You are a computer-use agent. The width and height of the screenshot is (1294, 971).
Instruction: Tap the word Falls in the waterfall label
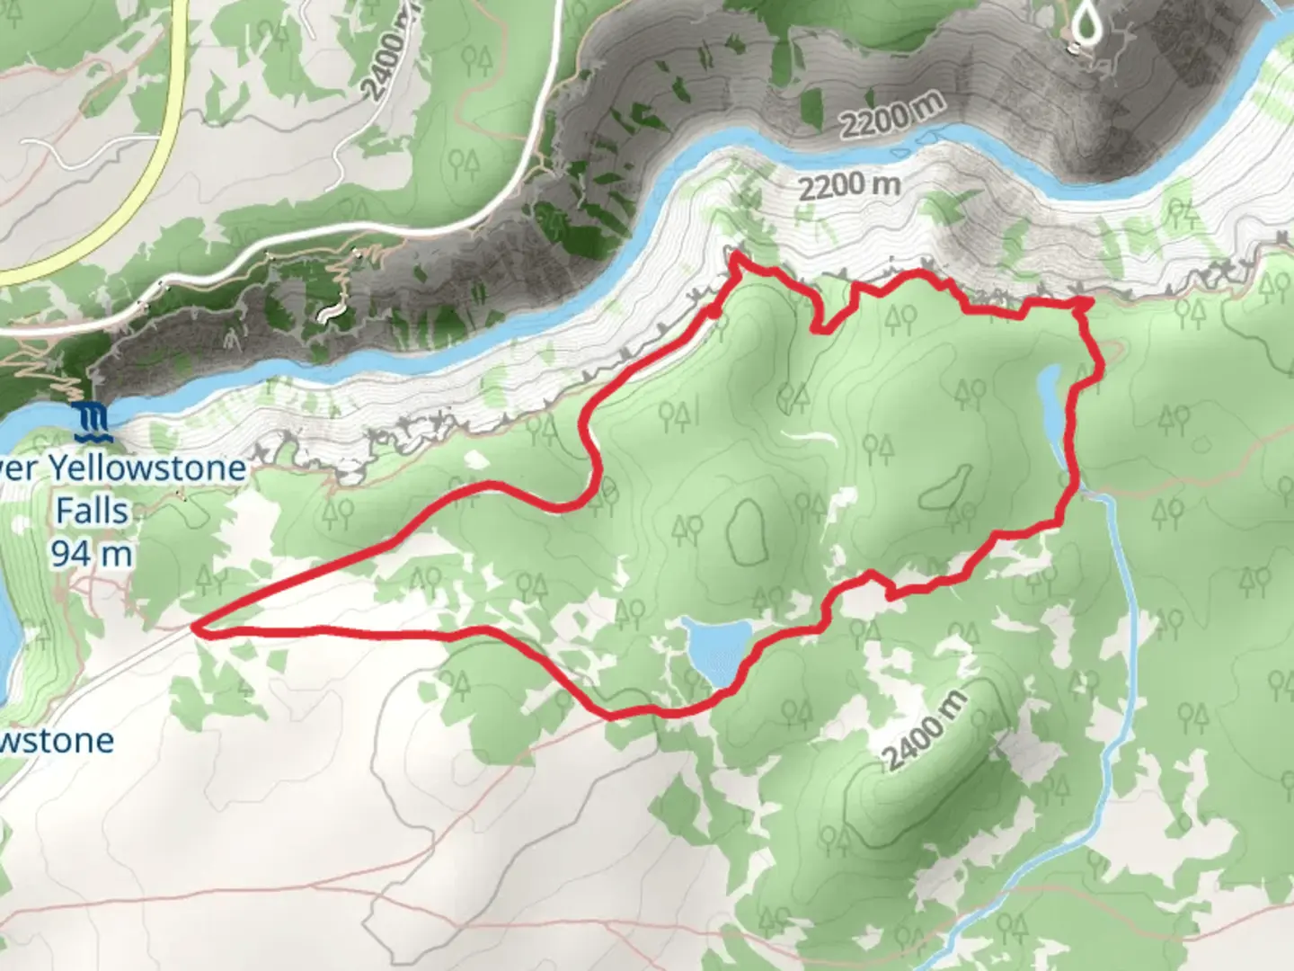tap(92, 511)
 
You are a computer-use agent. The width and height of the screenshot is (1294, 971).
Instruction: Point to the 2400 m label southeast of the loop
tap(926, 731)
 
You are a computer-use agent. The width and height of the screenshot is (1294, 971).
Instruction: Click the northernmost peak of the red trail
tap(735, 256)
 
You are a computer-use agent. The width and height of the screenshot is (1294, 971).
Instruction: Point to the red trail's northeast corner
tap(1086, 302)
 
